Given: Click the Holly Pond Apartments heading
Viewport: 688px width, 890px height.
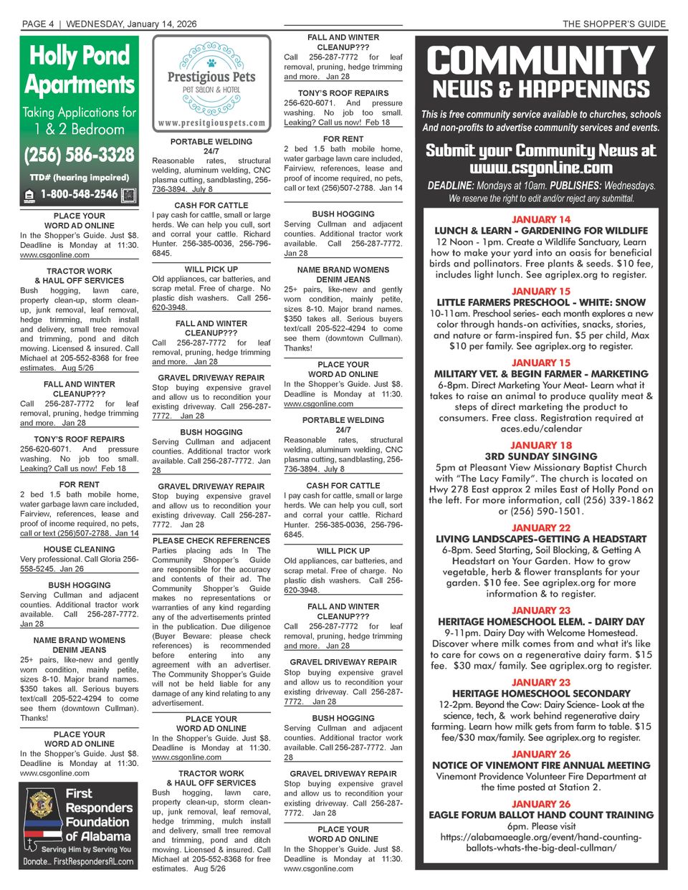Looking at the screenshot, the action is [x=79, y=70].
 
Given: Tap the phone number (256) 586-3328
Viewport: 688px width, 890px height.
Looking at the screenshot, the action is [x=79, y=155].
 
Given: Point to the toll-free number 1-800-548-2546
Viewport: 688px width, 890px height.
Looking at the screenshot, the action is [x=79, y=194].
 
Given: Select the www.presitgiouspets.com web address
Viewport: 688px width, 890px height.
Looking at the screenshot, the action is [x=211, y=123].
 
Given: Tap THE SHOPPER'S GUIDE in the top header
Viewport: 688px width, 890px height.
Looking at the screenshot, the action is [x=614, y=24].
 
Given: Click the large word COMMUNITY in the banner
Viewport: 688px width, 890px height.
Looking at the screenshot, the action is [x=541, y=62].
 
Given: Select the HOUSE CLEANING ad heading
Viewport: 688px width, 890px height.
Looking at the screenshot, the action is [x=79, y=550].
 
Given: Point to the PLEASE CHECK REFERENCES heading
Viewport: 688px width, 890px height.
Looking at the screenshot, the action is [x=211, y=540].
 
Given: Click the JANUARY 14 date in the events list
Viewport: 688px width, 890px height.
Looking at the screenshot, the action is [x=541, y=219].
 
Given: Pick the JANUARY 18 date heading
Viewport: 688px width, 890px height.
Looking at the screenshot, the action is [x=541, y=445].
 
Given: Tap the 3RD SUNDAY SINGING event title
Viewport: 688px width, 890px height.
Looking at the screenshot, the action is [x=541, y=456].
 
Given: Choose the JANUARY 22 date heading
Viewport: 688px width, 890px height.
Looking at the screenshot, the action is [x=541, y=528].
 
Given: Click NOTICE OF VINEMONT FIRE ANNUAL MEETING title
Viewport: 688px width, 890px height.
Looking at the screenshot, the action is [x=541, y=765].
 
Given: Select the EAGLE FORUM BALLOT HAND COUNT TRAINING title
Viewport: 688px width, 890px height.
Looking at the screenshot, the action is [x=541, y=815].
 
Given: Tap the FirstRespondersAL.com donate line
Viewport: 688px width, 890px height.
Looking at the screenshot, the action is [x=79, y=861].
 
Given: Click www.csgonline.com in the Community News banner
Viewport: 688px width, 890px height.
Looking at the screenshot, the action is [x=541, y=168].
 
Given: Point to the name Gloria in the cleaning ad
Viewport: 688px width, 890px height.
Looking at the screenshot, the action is [x=108, y=559].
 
